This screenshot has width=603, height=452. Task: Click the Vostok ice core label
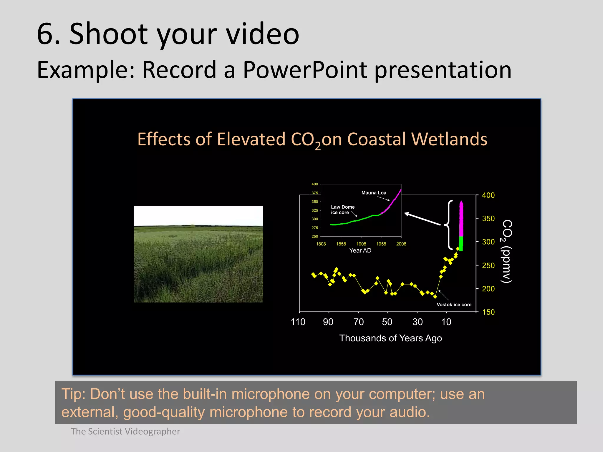(x=454, y=305)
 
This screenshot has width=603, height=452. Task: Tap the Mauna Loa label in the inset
(x=374, y=193)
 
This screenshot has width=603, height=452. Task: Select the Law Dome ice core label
(x=342, y=210)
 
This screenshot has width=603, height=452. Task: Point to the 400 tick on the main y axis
(x=488, y=195)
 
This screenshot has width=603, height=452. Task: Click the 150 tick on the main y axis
(x=488, y=312)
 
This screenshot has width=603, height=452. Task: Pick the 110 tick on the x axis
(x=298, y=322)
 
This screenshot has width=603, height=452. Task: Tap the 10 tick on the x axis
(x=446, y=322)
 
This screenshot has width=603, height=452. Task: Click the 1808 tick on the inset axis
(x=321, y=244)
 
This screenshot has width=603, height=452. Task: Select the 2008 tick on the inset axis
(x=401, y=244)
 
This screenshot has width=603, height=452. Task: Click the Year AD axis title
(x=360, y=250)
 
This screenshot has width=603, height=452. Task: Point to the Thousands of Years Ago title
(x=390, y=338)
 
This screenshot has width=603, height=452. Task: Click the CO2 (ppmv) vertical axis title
(x=507, y=251)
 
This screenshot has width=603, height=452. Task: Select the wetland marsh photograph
(x=198, y=254)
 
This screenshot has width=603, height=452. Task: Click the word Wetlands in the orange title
(x=449, y=139)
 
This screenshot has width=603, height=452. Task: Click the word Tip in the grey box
(x=73, y=394)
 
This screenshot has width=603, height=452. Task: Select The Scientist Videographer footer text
(x=125, y=431)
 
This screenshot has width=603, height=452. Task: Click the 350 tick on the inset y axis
(x=315, y=202)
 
